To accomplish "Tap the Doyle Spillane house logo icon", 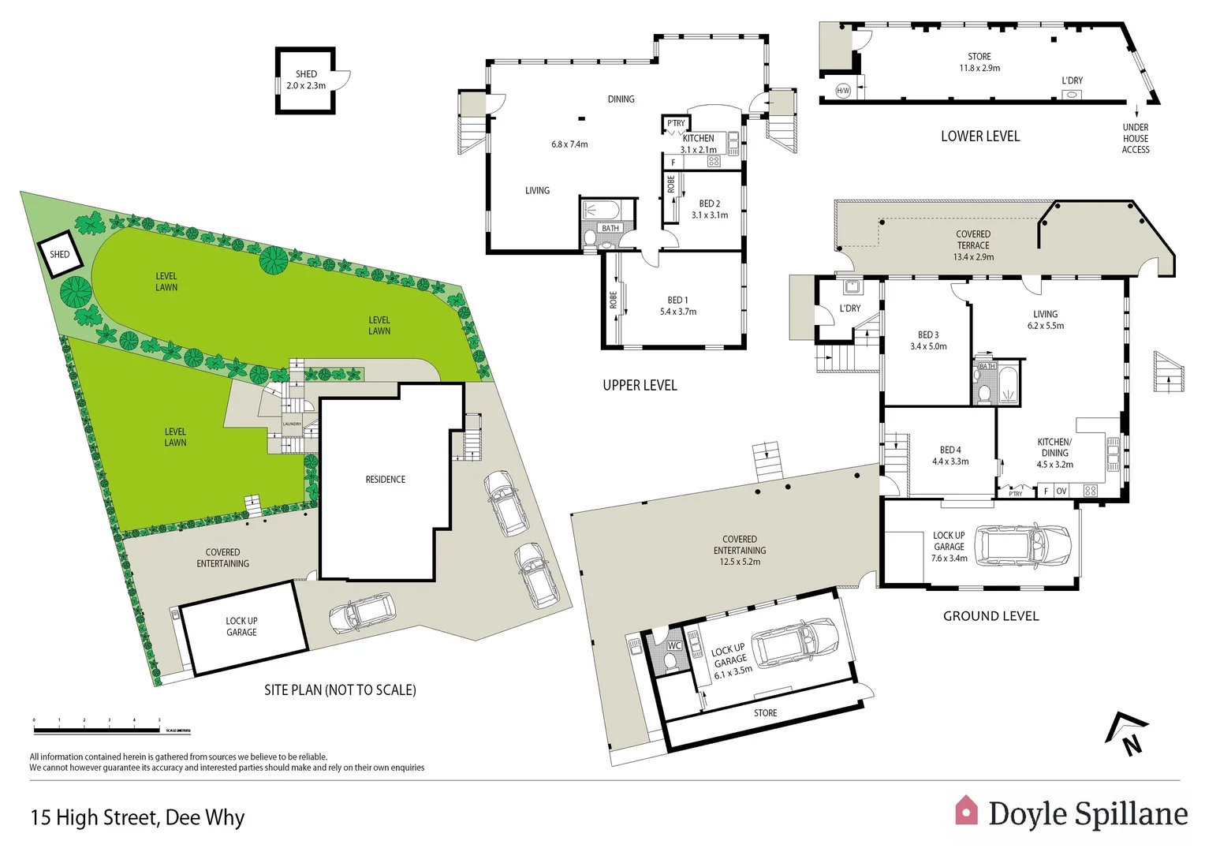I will tap(966, 811).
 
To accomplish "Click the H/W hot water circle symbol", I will tap(843, 91).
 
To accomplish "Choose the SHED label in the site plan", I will tap(59, 254).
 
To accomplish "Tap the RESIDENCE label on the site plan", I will tap(385, 480).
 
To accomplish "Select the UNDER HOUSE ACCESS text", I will tap(1135, 138).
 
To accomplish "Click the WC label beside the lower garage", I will tap(673, 645).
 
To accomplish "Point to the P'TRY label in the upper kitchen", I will tap(676, 123).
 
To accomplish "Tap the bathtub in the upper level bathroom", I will tap(600, 211).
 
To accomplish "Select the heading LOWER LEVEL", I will tap(979, 136).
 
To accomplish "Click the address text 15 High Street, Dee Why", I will tap(137, 817).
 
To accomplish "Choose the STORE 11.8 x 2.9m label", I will tap(979, 62).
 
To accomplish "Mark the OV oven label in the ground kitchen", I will tap(1061, 491).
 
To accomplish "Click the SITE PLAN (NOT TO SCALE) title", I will tap(340, 690).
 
